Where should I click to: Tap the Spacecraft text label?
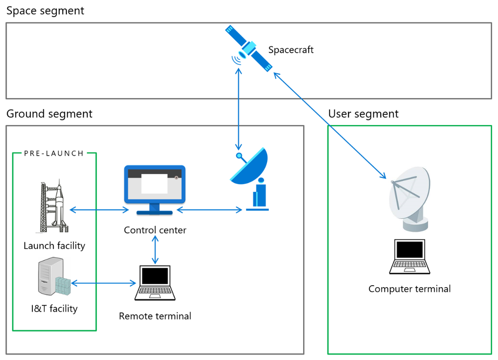(291, 50)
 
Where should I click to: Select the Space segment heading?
(45, 10)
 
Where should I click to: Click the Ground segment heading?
(49, 114)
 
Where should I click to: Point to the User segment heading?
(363, 114)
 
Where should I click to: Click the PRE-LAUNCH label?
(54, 153)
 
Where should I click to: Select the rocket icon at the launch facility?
(54, 205)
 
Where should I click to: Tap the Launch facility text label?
(54, 245)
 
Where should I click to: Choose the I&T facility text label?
(54, 309)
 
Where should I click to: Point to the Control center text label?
(155, 230)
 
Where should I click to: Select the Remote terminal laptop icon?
(155, 283)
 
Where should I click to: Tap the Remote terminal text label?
(155, 316)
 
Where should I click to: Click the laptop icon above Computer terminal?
(409, 257)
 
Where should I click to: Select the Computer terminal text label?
(409, 289)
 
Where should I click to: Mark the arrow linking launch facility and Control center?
(100, 210)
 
